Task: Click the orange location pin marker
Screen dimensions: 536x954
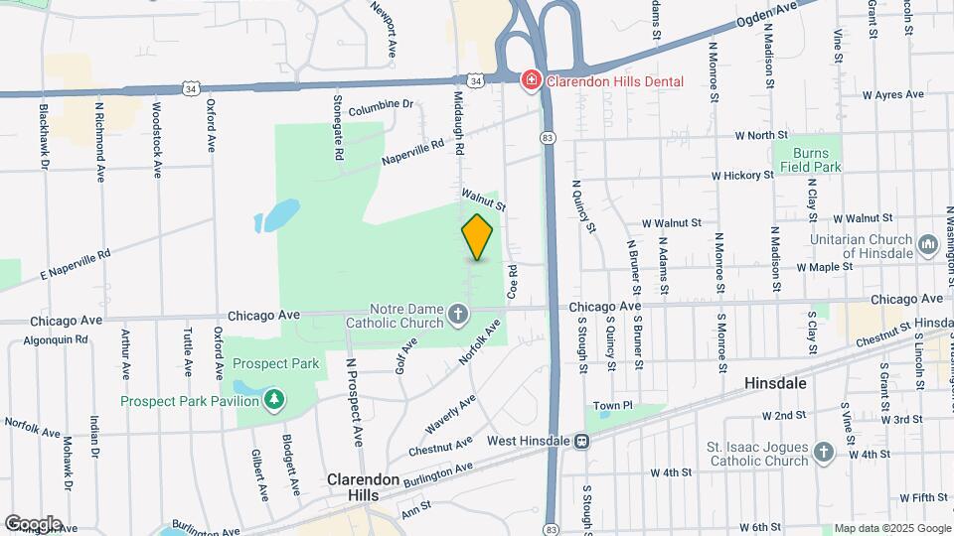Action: tap(478, 237)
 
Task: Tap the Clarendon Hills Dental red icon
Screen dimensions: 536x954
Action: tap(532, 79)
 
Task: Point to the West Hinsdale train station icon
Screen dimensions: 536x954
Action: tap(582, 440)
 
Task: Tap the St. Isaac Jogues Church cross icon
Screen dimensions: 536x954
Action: tap(822, 453)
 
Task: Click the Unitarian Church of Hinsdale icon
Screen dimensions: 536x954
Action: tap(928, 244)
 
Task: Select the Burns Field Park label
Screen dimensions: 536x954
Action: tap(817, 160)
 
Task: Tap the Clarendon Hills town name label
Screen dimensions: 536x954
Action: tap(364, 485)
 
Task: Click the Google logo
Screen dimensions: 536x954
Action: tap(33, 523)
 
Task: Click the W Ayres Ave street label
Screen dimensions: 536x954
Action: tap(894, 95)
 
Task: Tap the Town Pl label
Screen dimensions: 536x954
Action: tap(613, 405)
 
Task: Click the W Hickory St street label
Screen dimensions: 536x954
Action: tap(741, 176)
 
